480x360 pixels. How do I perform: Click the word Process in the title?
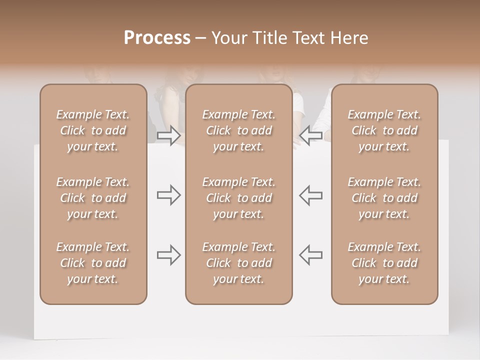[157, 38]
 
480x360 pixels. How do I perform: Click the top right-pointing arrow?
[168, 134]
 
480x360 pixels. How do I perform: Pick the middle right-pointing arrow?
[168, 195]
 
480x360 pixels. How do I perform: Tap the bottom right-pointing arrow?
[168, 255]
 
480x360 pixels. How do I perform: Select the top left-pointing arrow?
[311, 134]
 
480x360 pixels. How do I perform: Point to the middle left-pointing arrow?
[311, 195]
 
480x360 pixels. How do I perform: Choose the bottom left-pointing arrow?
[311, 255]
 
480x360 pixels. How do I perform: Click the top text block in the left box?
[93, 130]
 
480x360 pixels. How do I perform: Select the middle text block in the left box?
[93, 198]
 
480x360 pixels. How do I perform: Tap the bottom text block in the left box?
[93, 263]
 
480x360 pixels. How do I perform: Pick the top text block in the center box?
[239, 130]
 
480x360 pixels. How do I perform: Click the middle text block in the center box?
[239, 198]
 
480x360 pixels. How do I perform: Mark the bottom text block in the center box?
[239, 263]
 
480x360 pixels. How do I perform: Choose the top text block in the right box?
[384, 130]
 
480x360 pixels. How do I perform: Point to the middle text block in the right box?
[384, 198]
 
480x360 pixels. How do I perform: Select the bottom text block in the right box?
[384, 263]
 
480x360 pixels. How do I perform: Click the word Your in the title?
[228, 38]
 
